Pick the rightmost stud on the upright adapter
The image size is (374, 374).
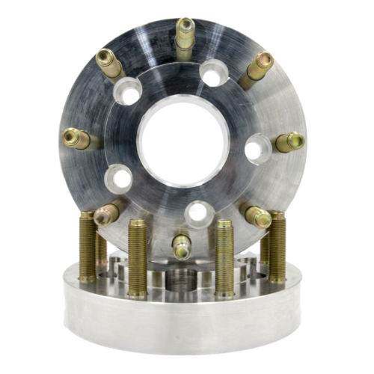pos(289,141)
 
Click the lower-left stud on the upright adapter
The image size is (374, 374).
pos(106,215)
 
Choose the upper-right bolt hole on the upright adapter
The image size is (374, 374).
pos(214,75)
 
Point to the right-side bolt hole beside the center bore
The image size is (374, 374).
pos(256,147)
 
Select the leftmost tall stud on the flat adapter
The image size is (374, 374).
pos(88,247)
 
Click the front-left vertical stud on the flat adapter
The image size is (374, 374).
pos(137,258)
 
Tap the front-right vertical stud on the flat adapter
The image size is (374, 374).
pos(224,258)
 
